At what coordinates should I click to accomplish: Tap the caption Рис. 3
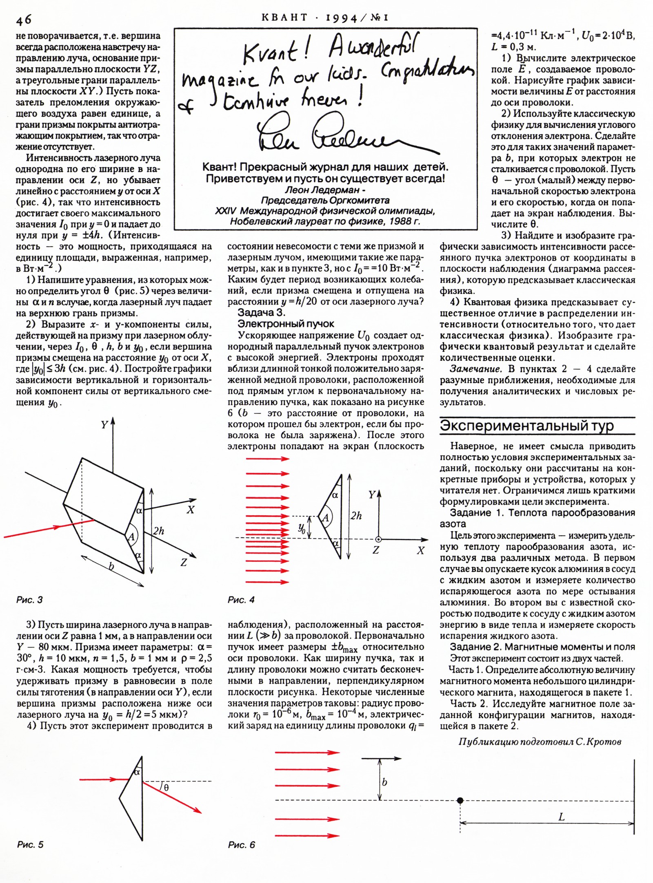point(29,600)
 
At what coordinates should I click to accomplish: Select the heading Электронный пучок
point(286,324)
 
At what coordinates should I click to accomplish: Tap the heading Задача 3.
point(261,313)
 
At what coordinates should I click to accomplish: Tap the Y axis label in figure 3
point(104,425)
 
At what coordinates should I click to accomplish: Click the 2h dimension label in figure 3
point(159,531)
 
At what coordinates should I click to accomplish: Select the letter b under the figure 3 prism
point(111,566)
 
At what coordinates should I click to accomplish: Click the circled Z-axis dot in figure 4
point(378,539)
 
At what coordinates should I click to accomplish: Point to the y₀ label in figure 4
point(302,529)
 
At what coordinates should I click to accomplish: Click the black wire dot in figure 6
point(460,800)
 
